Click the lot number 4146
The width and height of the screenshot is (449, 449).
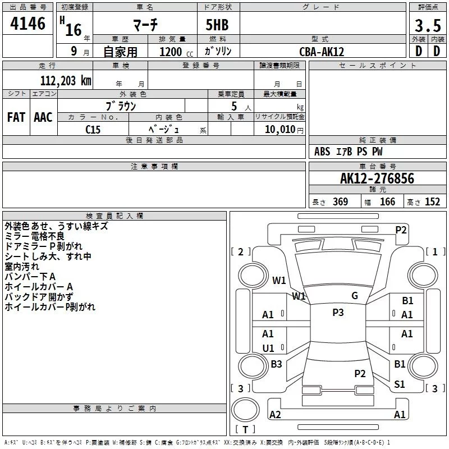click(x=28, y=24)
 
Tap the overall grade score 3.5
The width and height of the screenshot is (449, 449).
click(x=428, y=26)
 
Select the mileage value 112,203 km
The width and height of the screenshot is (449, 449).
click(x=66, y=81)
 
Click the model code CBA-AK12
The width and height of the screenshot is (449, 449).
click(x=322, y=52)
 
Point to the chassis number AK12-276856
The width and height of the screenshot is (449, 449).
click(x=377, y=178)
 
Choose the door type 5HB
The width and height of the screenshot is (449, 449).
click(x=217, y=25)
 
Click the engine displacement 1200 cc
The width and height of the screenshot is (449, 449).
click(x=176, y=52)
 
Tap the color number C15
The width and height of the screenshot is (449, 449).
click(x=93, y=130)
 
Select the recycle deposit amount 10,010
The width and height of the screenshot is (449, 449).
click(x=280, y=129)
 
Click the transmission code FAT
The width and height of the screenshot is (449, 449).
click(x=16, y=117)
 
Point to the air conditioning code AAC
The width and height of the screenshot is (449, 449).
click(x=43, y=117)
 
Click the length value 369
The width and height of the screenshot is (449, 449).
click(x=340, y=201)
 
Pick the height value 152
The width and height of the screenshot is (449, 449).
click(x=432, y=201)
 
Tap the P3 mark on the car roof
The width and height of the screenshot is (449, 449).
click(x=338, y=313)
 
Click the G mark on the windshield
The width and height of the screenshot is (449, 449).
click(x=355, y=296)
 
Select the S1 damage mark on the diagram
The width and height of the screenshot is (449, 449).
click(x=399, y=384)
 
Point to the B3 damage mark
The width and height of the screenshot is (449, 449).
click(x=276, y=364)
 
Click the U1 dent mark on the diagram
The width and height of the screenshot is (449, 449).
click(x=268, y=349)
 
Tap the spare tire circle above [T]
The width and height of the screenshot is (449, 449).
click(x=245, y=410)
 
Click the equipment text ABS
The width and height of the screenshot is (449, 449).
click(x=322, y=152)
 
